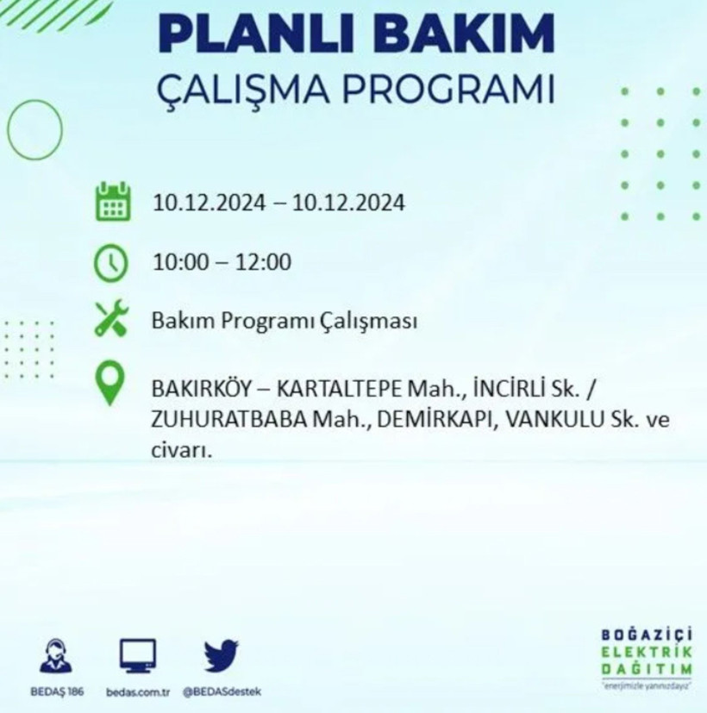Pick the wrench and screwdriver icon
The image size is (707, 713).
point(112,320)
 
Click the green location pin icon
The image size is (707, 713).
point(109,385)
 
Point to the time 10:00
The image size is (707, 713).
point(180,262)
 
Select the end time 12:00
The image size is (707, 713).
point(263,262)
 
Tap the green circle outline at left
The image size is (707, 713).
point(34,130)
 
